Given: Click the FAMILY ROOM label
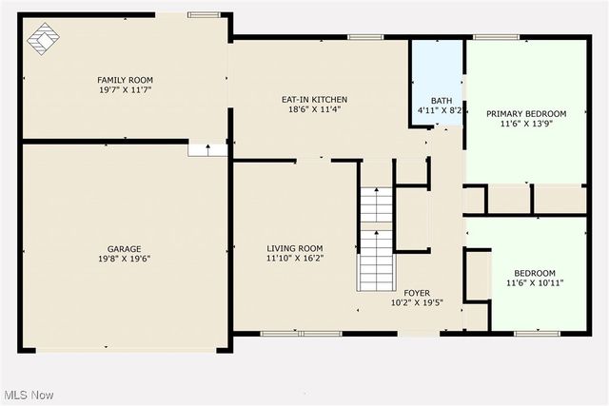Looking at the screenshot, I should tap(125, 80).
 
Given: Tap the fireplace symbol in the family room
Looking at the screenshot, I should tap(42, 38).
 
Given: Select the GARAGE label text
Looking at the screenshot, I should tap(125, 248).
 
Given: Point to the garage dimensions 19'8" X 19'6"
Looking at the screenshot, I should tap(125, 259).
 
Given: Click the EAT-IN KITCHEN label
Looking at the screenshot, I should tap(314, 99).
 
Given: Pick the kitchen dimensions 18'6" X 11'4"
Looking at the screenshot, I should tap(314, 109).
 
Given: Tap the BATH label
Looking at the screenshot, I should tap(441, 101).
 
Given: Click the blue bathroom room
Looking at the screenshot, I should tap(437, 71).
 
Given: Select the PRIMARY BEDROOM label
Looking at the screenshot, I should tap(526, 114).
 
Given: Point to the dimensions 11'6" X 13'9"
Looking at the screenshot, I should tap(526, 125).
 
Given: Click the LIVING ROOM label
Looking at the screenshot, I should tap(294, 248).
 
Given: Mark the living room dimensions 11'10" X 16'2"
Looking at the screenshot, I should tap(294, 259).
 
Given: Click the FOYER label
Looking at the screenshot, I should tap(417, 293).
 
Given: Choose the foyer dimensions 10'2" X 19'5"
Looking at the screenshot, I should tap(417, 303).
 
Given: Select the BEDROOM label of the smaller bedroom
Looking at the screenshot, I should tap(528, 273).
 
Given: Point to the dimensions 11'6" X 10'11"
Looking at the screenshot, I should tap(528, 283).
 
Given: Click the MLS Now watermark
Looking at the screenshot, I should tap(29, 395).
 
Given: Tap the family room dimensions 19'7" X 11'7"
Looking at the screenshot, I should tap(125, 90).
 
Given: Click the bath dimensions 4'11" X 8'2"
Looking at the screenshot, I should tap(441, 111).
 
